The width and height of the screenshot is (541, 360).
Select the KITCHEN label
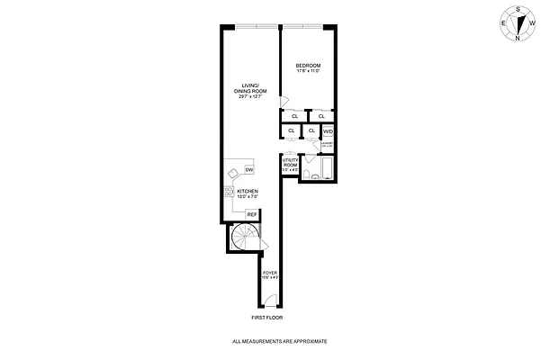248,192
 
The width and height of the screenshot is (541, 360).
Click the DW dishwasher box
248,170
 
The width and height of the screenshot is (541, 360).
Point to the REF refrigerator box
252,214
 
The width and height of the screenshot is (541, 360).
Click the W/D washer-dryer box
328,131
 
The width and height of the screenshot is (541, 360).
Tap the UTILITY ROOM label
290,164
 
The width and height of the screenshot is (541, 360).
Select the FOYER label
269,272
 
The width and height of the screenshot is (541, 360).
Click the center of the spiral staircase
244,238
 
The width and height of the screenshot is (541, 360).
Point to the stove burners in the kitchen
229,191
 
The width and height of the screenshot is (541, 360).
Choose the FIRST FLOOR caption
269,318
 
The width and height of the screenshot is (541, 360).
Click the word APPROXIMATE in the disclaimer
308,343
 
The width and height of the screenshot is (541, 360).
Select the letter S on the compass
517,8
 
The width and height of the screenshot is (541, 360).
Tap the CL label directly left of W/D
311,131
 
